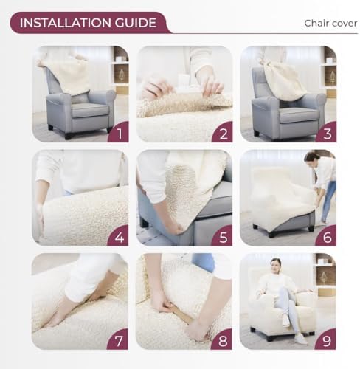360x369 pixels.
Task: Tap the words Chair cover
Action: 330,24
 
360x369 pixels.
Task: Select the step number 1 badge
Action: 119,132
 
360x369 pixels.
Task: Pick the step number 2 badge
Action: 223,132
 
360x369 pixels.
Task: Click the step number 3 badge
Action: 327,132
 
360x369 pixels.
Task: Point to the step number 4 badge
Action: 119,236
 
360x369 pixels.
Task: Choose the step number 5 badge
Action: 223,236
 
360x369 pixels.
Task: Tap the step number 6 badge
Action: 327,236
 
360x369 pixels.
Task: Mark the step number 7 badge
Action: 118,339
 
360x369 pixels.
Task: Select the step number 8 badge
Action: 222,339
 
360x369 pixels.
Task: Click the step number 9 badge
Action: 326,339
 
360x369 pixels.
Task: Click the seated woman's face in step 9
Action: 276,265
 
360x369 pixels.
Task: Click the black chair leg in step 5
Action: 145,223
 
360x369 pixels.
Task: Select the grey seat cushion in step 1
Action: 90,110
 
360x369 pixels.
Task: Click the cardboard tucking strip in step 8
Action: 182,315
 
